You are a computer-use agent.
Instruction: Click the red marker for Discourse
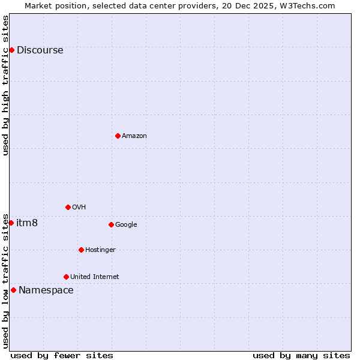click(11, 50)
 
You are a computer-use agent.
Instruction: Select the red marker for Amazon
click(118, 136)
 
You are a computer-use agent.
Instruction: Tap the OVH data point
click(68, 207)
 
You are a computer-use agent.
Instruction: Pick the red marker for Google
click(111, 224)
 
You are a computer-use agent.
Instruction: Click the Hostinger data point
click(81, 250)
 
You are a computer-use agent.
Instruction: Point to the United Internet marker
click(66, 277)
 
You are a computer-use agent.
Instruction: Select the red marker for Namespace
click(13, 290)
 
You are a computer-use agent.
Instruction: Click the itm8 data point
click(11, 223)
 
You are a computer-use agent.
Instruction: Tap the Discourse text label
click(40, 50)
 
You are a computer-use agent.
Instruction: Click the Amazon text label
click(134, 136)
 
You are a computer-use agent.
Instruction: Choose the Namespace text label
click(46, 290)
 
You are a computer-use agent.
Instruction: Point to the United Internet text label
click(94, 277)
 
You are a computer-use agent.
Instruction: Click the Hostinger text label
click(100, 250)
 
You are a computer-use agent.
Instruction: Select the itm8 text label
click(27, 223)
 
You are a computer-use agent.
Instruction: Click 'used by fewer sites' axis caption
click(62, 356)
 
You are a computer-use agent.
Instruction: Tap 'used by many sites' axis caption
click(301, 356)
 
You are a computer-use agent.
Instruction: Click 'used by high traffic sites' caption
click(6, 85)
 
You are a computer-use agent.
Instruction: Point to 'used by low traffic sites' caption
click(6, 280)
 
